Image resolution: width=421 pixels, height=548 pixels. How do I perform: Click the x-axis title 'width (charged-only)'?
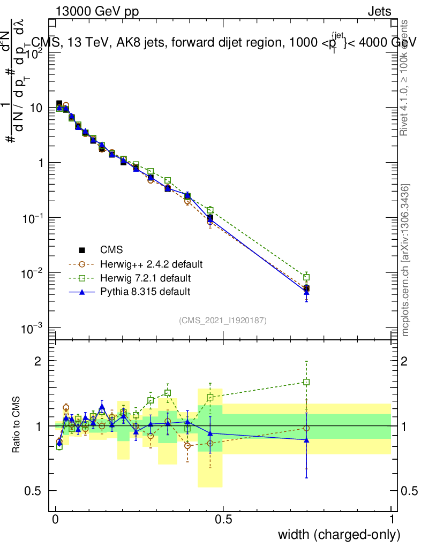coord(339,534)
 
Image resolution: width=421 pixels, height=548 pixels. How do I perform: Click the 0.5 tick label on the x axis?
coord(223,520)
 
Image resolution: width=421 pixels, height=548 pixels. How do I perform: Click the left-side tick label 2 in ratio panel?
coord(39,361)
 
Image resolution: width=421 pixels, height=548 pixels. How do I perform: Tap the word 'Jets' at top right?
coord(379,12)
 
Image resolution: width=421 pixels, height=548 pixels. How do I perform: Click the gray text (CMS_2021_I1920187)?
coord(223,321)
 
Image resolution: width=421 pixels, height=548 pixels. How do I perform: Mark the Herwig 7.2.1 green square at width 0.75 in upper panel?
coord(306,277)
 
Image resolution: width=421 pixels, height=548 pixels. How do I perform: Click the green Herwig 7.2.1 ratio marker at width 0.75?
coord(306,382)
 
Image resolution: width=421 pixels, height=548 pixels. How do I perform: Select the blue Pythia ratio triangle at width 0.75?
coord(306,439)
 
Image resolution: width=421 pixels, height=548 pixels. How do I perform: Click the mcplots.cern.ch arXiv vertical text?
coord(405,261)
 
